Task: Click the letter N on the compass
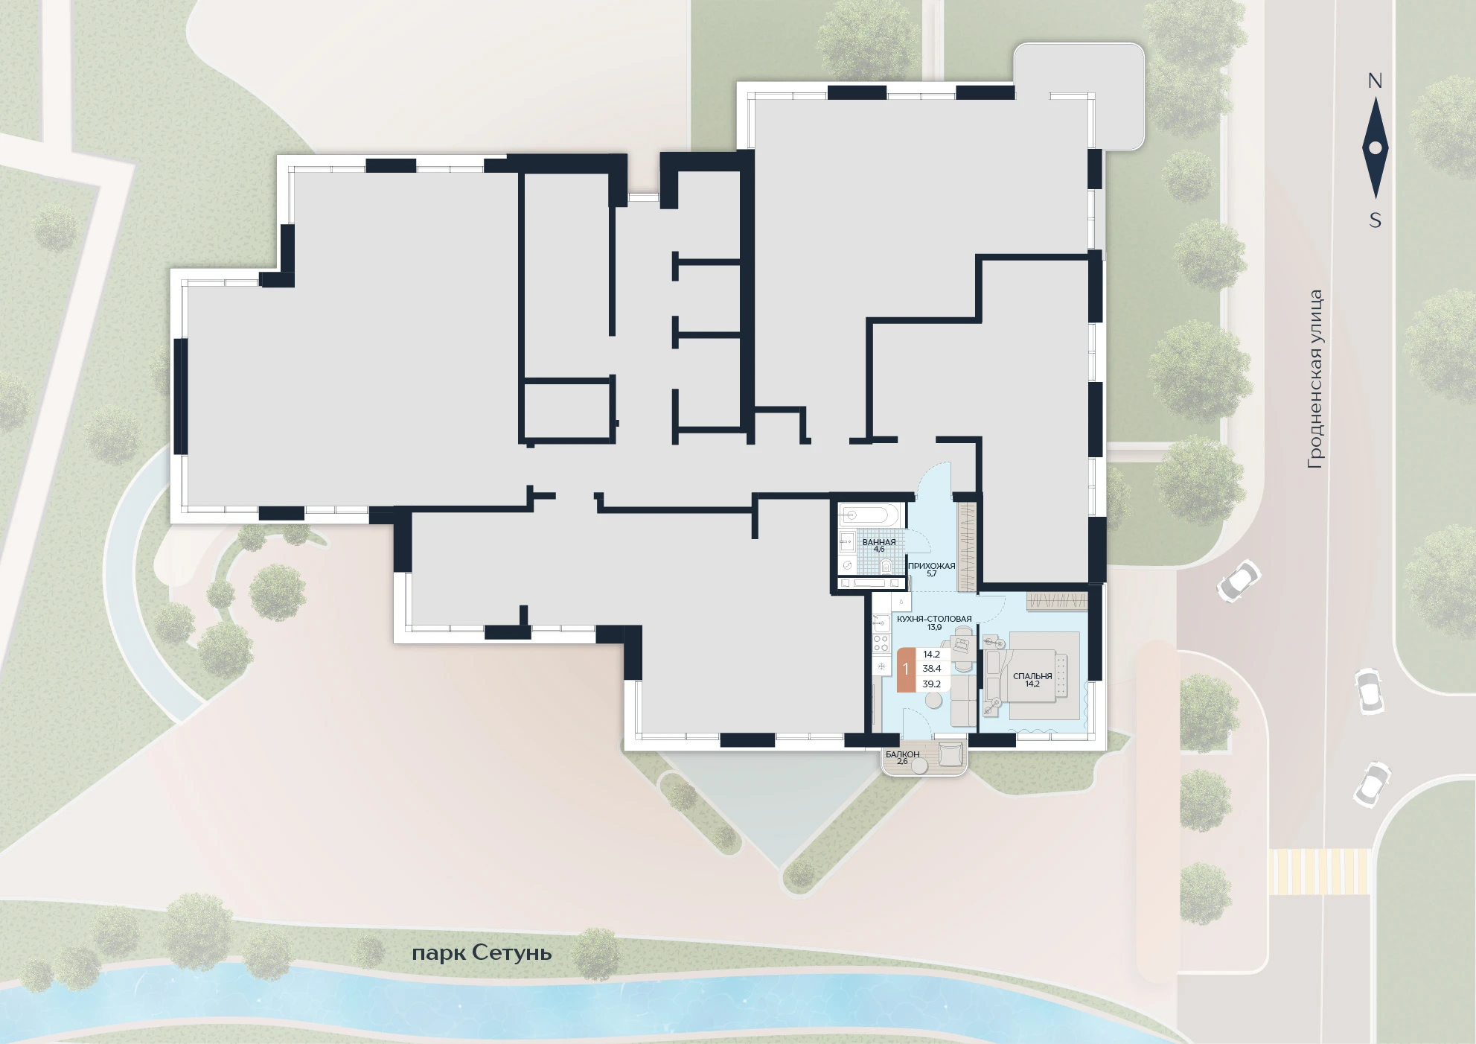1375,80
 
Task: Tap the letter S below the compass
1376,220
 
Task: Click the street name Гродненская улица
1316,379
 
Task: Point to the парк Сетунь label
482,953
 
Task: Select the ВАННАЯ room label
879,542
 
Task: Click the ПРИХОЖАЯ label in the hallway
931,566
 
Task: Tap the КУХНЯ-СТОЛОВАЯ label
934,619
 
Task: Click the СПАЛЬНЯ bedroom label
1032,676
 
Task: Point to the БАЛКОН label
903,754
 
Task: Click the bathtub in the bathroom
869,515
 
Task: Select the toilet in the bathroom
886,567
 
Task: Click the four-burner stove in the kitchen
881,643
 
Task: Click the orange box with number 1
906,669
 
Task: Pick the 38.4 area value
932,669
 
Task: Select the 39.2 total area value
932,684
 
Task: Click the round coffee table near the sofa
933,700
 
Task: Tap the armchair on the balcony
951,754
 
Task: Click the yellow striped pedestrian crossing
1319,871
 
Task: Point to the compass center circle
1376,148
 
